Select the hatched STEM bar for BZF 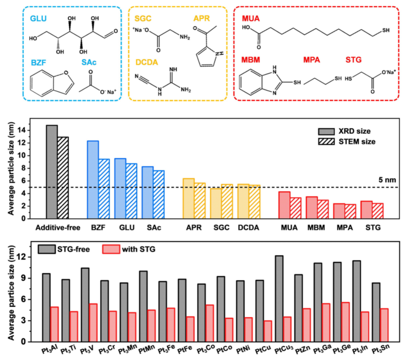pos(104,189)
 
